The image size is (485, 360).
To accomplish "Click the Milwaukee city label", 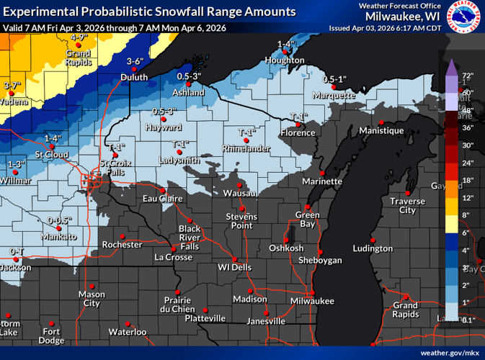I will point(313,300).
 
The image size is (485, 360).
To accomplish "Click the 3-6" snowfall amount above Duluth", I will point(135,61).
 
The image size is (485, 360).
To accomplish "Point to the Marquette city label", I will point(334,95).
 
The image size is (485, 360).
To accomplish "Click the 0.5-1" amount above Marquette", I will point(334,78).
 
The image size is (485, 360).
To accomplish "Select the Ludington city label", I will point(373,248).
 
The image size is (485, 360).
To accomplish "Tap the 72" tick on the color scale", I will point(467,76).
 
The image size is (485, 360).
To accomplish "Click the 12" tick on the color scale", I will point(467,197).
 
